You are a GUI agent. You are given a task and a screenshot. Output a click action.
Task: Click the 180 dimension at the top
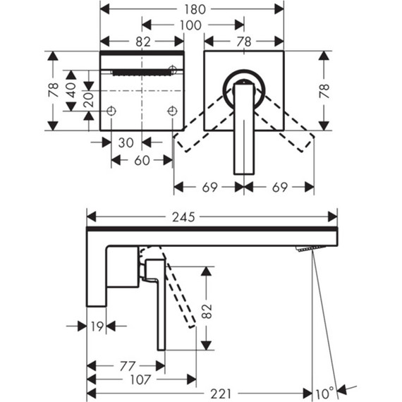pyautogui.click(x=195, y=9)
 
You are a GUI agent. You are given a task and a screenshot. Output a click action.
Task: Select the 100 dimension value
pyautogui.click(x=190, y=25)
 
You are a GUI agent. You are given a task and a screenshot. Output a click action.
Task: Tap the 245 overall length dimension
pyautogui.click(x=183, y=217)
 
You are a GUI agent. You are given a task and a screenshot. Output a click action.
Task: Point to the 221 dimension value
pyautogui.click(x=221, y=394)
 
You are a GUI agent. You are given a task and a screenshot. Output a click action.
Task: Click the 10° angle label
pyautogui.click(x=324, y=394)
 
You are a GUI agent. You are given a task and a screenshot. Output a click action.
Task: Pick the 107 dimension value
pyautogui.click(x=140, y=379)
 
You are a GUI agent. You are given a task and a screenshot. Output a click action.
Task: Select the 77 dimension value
pyautogui.click(x=128, y=366)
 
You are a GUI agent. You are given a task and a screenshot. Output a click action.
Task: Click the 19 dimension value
pyautogui.click(x=97, y=327)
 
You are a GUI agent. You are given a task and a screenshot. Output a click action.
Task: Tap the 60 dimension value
pyautogui.click(x=142, y=161)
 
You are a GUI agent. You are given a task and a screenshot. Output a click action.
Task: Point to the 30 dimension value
pyautogui.click(x=126, y=142)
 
